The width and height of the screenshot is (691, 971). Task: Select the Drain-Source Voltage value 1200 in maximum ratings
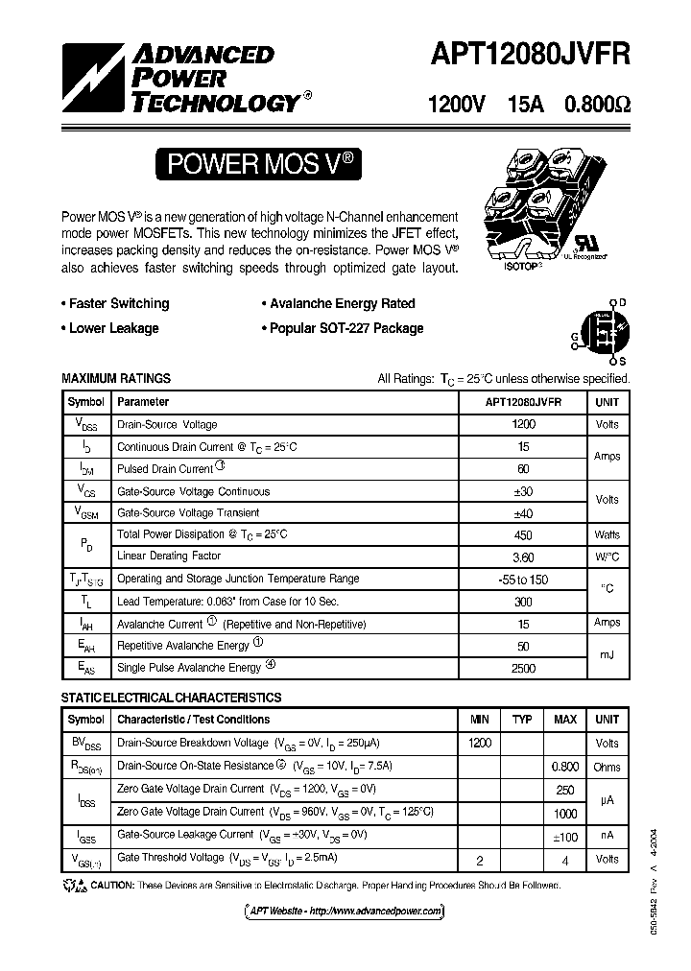(524, 424)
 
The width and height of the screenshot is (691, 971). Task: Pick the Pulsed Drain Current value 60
(524, 469)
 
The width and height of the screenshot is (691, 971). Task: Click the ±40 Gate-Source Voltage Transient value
(524, 513)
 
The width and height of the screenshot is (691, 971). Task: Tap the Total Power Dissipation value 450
(524, 534)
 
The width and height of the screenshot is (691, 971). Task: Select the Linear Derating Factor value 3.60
(524, 557)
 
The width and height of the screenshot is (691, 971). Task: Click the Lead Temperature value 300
(524, 601)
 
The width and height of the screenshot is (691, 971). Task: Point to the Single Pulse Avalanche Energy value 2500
(524, 668)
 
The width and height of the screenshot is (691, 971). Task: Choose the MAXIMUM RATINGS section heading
(116, 379)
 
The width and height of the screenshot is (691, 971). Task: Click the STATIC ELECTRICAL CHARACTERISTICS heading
(172, 698)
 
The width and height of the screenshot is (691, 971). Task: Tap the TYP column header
(522, 720)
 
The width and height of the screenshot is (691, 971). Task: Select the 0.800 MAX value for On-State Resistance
(565, 767)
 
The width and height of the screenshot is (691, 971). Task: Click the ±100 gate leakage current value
(565, 836)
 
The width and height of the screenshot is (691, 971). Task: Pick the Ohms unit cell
(608, 767)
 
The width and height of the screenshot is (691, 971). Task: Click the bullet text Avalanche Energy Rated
(343, 304)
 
